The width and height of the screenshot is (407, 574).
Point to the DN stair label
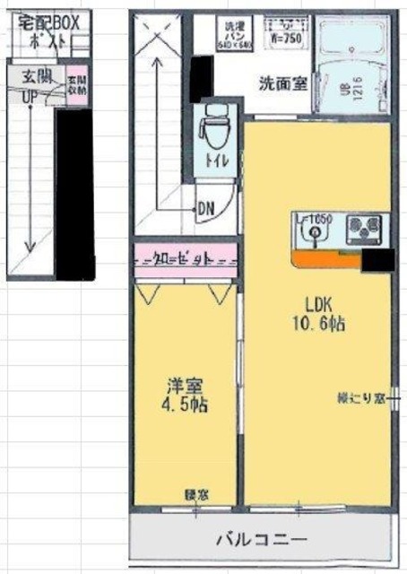[205, 205]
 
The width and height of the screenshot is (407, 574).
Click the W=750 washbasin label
[286, 39]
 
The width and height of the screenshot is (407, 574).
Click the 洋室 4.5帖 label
[186, 395]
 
